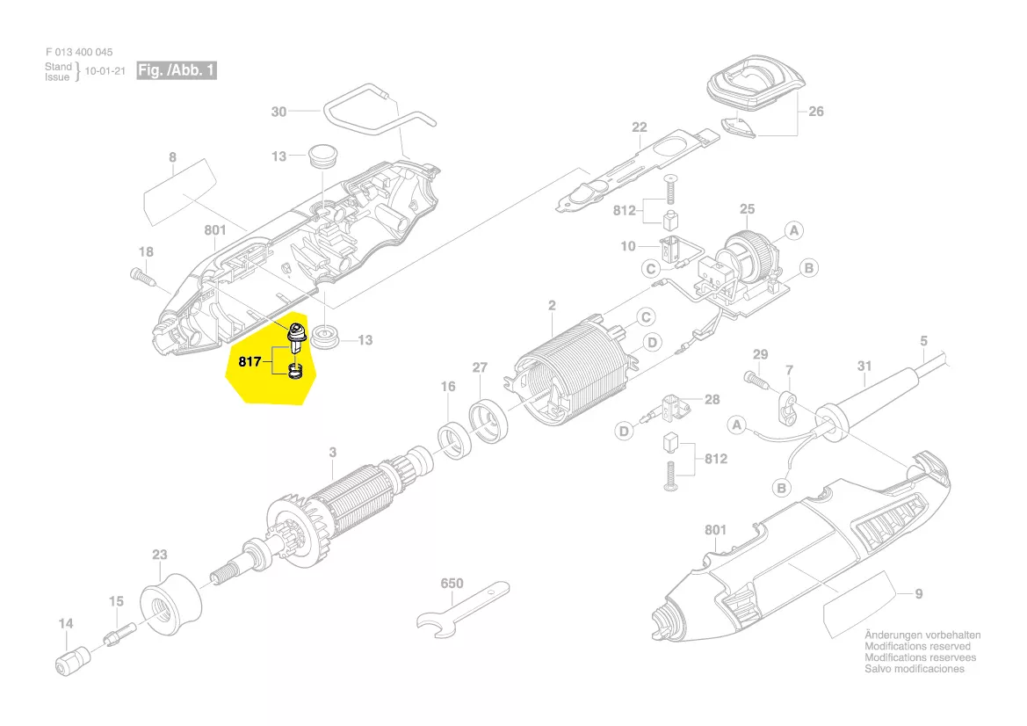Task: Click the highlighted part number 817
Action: point(250,361)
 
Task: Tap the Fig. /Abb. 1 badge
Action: point(177,70)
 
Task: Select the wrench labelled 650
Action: point(462,609)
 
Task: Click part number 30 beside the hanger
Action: point(279,112)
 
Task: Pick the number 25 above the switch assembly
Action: point(748,209)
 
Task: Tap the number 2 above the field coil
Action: point(552,305)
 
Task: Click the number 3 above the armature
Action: point(333,452)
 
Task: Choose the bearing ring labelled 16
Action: point(454,440)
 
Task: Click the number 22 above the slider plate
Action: point(640,127)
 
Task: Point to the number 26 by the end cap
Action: point(816,112)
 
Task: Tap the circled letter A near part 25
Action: point(794,230)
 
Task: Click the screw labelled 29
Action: point(756,381)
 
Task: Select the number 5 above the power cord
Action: point(924,341)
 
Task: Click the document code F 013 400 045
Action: point(79,52)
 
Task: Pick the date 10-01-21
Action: point(105,71)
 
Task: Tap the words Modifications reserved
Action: point(917,646)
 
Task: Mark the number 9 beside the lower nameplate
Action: point(919,593)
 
